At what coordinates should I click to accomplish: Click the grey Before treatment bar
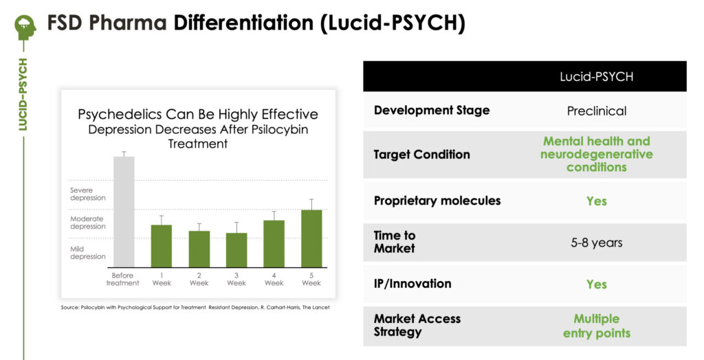[x=124, y=212]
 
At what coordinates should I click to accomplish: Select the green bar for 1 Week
[x=161, y=246]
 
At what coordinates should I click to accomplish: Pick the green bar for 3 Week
[x=236, y=250]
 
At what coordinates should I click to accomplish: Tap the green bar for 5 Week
[x=311, y=239]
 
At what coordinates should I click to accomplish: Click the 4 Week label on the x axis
[x=274, y=279]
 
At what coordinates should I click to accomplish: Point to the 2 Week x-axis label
[x=199, y=279]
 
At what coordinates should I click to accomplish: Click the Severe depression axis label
[x=87, y=194]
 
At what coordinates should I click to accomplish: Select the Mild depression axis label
[x=87, y=253]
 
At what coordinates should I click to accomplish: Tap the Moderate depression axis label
[x=87, y=223]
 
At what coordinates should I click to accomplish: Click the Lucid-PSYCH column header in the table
[x=596, y=77]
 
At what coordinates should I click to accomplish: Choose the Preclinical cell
[x=596, y=111]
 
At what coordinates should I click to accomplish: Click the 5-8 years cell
[x=596, y=243]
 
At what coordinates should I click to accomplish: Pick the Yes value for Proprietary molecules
[x=596, y=201]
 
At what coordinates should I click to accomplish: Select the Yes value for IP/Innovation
[x=596, y=284]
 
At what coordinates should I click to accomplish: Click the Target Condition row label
[x=421, y=155]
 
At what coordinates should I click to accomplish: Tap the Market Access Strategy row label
[x=417, y=326]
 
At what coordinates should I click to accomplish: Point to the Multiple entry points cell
[x=596, y=326]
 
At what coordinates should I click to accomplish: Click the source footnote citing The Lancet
[x=195, y=308]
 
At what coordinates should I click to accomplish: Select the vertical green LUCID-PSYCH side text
[x=23, y=94]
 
